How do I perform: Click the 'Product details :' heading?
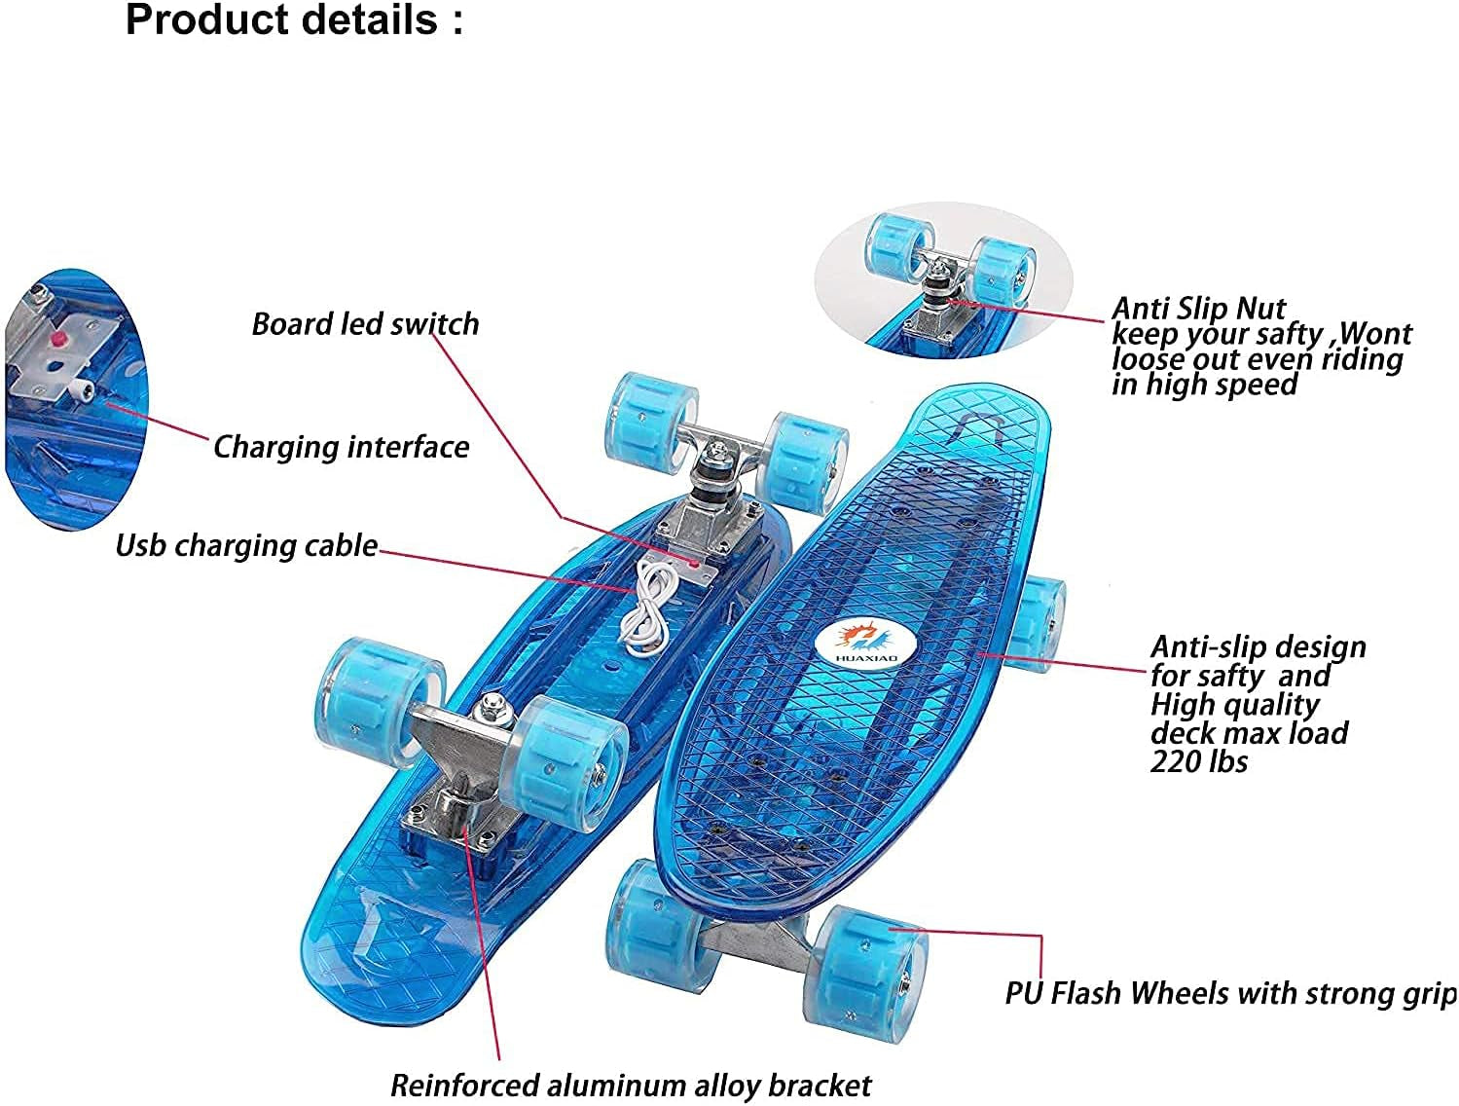(294, 20)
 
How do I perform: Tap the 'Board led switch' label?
(365, 324)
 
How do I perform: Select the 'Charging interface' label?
(341, 447)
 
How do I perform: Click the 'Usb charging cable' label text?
(246, 545)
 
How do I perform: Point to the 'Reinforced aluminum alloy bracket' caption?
(631, 1085)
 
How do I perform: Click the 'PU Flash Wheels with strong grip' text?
(1229, 993)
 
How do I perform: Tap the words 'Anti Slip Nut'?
(1198, 309)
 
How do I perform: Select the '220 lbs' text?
(1198, 760)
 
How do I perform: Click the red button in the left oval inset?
(57, 338)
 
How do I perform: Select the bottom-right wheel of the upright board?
(869, 961)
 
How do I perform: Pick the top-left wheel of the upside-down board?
(651, 417)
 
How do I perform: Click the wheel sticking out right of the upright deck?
(1040, 623)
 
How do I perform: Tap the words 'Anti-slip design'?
(1258, 647)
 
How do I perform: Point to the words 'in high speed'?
(1205, 385)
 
